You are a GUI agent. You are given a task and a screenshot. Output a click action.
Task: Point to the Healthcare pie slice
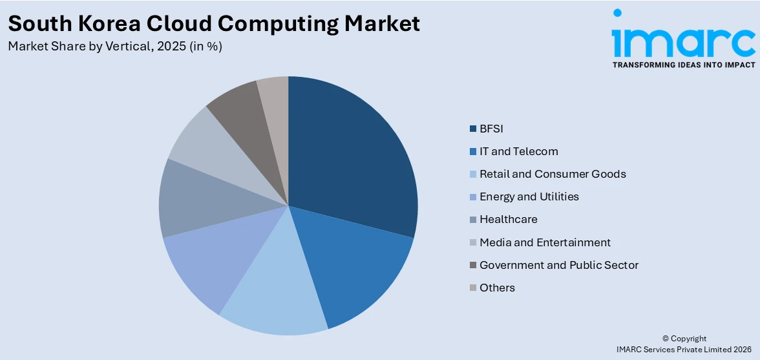tap(194, 200)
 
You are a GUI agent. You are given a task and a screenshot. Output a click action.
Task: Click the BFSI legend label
tap(491, 129)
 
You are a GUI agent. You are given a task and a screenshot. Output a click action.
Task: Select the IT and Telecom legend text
tap(518, 151)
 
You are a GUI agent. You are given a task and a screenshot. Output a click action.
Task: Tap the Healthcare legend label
tap(508, 219)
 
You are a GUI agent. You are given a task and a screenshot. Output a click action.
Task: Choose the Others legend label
tap(497, 288)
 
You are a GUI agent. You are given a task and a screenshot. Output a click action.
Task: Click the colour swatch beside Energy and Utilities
tap(473, 197)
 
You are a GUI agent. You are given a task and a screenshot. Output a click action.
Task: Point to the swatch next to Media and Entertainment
tap(473, 243)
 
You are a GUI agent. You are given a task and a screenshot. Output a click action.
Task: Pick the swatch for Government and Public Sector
tap(473, 266)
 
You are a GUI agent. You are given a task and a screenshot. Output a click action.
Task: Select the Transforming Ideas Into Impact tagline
tap(683, 65)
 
